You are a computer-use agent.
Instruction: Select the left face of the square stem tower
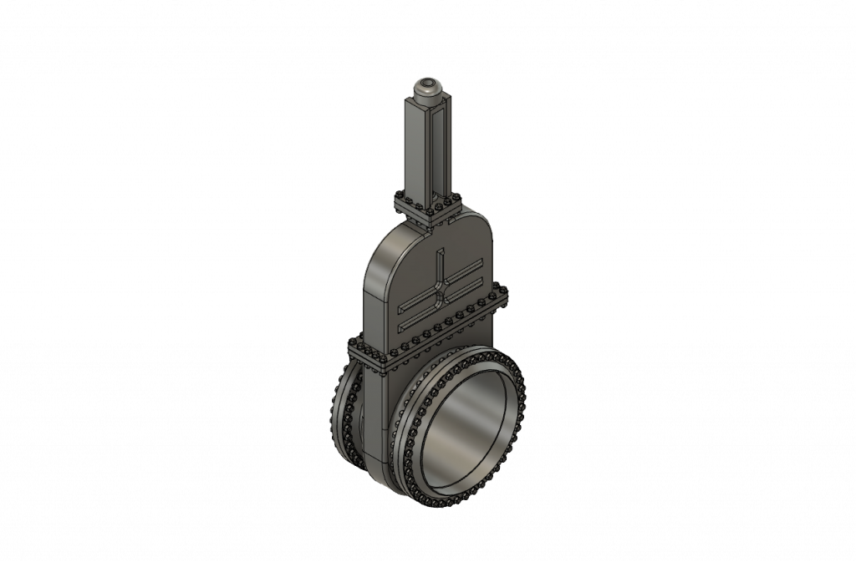coord(417,150)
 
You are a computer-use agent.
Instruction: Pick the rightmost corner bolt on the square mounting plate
coord(457,196)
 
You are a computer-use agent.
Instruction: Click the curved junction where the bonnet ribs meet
coord(437,292)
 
